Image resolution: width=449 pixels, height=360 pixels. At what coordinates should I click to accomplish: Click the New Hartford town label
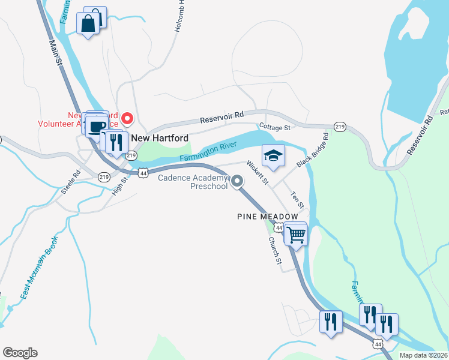(156, 137)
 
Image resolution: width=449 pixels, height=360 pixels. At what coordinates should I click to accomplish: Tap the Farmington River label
(209, 152)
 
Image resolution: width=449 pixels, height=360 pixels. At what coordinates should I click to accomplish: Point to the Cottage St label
(274, 127)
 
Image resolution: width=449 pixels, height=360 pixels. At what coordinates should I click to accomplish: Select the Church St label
(274, 250)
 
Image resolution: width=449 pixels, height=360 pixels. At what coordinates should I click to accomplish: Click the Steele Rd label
(71, 182)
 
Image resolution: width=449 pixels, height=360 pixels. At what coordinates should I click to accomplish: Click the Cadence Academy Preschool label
(193, 181)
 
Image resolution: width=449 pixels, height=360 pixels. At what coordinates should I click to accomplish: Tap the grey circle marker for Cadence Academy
(237, 181)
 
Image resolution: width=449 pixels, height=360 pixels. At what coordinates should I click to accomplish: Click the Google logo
(20, 353)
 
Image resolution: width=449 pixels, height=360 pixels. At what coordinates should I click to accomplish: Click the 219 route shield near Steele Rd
(104, 177)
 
